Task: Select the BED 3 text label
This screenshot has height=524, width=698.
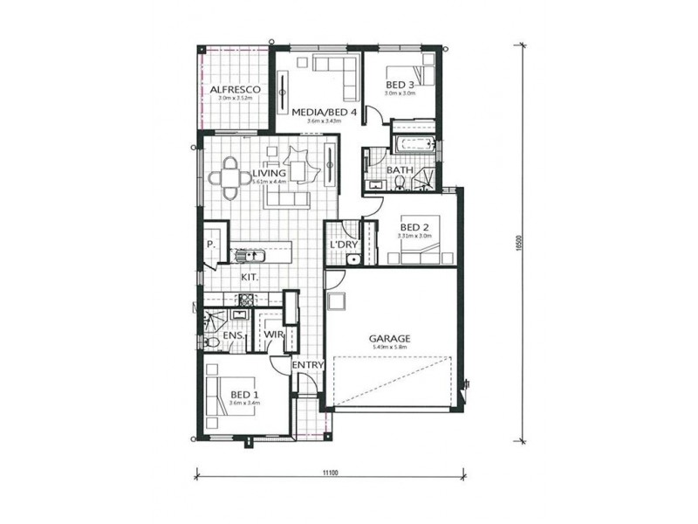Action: [x=400, y=84]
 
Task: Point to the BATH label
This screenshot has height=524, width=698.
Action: [x=399, y=170]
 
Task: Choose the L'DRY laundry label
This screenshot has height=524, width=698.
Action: [x=343, y=245]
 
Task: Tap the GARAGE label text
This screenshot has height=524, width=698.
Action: [x=389, y=339]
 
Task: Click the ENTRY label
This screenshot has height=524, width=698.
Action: [x=308, y=364]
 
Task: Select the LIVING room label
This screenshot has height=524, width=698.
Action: [x=269, y=174]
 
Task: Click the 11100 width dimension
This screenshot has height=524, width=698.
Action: [x=329, y=472]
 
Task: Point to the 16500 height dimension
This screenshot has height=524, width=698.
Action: [x=518, y=245]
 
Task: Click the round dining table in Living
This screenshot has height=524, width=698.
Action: [x=231, y=177]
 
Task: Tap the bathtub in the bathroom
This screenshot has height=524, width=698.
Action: [x=414, y=143]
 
